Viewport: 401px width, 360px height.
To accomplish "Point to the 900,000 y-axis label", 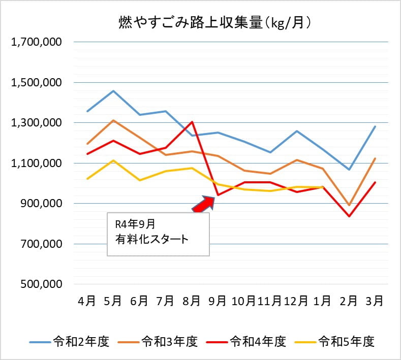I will pos(41,204).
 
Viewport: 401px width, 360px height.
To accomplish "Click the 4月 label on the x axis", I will pos(87,301).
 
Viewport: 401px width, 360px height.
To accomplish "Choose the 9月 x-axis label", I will pos(218,301).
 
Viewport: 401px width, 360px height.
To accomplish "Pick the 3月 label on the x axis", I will pos(375,301).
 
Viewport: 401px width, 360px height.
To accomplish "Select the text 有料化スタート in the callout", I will pos(151,239).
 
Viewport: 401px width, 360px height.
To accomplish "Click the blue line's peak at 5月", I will pos(113,91).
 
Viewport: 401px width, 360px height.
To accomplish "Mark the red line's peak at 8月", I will pos(192,122).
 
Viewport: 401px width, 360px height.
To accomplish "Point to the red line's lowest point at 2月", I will pos(349,216).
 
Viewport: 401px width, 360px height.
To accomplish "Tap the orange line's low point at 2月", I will pos(349,205).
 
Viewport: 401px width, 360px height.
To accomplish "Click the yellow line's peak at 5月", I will pos(113,160).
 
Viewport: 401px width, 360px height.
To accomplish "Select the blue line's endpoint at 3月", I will pos(375,126).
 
